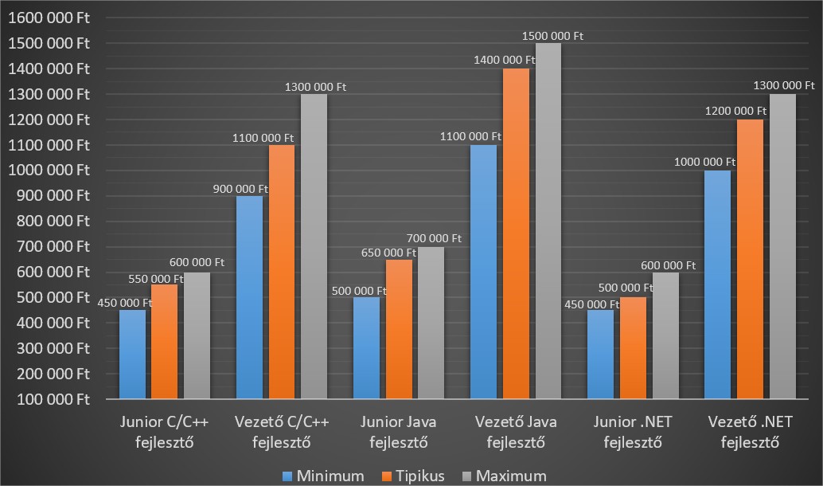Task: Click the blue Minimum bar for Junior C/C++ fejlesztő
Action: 132,354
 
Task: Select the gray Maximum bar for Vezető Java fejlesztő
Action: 548,221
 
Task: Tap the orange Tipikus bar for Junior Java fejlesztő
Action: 400,328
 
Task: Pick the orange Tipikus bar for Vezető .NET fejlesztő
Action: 750,258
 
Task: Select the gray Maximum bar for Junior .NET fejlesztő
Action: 665,335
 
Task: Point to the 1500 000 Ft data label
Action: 553,36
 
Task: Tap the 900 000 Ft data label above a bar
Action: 240,189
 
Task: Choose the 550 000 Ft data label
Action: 156,278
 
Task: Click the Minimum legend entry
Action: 323,476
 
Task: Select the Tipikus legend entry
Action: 413,476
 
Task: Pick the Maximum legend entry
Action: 504,476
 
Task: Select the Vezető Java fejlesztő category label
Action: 516,431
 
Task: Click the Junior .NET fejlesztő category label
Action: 633,431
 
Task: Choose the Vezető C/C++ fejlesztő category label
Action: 281,431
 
